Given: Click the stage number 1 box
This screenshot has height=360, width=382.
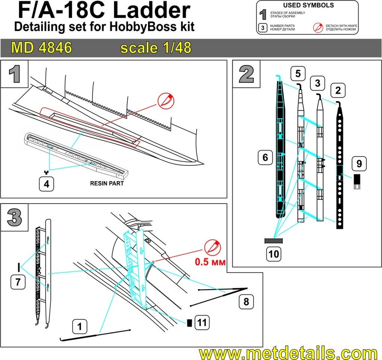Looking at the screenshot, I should point(14,74).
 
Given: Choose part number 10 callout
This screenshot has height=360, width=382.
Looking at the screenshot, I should point(272,254).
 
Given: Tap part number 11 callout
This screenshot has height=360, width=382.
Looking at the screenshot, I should point(202,323).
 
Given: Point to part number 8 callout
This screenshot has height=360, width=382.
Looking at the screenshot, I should point(247,302).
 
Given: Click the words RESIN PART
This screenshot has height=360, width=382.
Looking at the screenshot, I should point(107,184).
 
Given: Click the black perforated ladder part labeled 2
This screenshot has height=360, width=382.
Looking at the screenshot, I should point(340,170).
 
